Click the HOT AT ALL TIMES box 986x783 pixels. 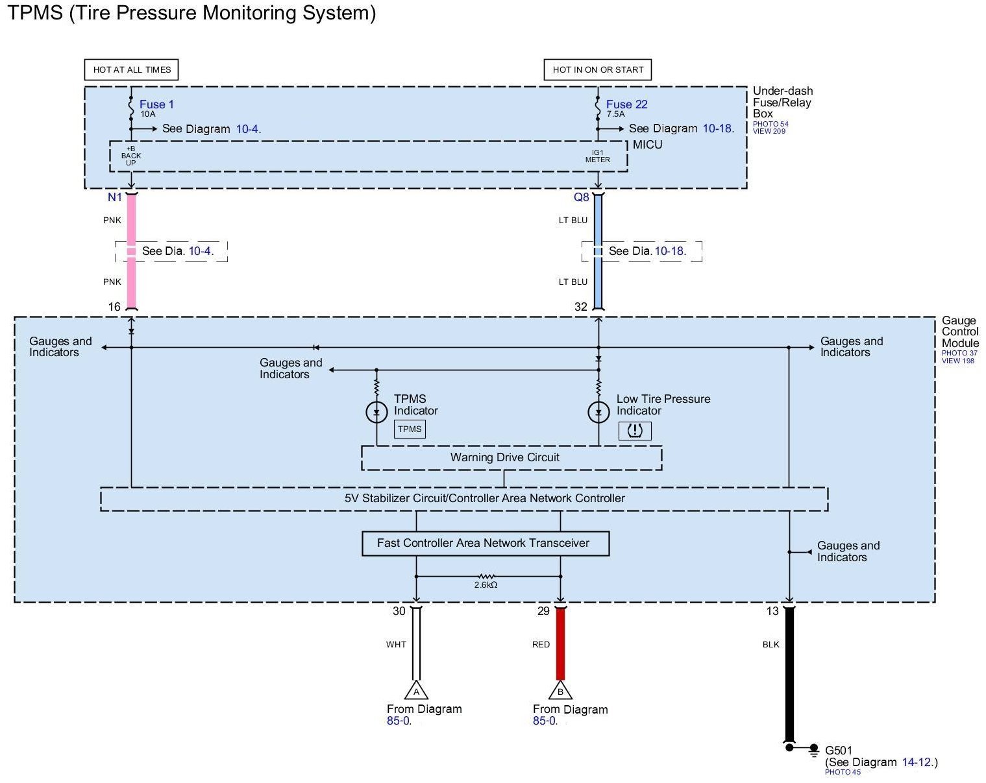tap(132, 69)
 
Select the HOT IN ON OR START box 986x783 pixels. tap(598, 69)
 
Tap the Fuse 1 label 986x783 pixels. tap(156, 104)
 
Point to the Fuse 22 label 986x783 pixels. tap(626, 104)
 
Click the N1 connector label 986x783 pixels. tap(115, 197)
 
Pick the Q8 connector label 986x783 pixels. tap(582, 197)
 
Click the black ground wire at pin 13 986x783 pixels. tap(789, 675)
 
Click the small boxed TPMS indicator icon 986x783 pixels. tap(410, 429)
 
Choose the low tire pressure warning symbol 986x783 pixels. tap(635, 430)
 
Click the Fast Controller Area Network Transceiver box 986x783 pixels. tap(485, 543)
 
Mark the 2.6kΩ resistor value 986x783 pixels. tap(486, 584)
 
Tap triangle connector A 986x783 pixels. tap(416, 690)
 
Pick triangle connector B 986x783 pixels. tap(560, 690)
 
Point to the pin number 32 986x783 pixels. tap(581, 307)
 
